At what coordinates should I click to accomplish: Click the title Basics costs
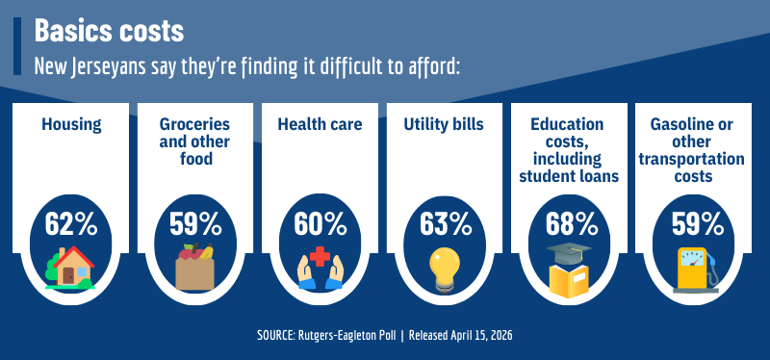click(109, 31)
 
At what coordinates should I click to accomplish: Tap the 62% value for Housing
click(71, 224)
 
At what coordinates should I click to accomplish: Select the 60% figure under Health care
click(321, 224)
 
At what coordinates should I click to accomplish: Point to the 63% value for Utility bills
click(446, 224)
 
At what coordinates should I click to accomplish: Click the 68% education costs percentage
click(572, 224)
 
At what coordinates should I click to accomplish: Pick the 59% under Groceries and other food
click(195, 224)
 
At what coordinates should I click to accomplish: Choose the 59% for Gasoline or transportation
click(697, 224)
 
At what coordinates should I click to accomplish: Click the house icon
click(70, 268)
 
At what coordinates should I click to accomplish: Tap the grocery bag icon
click(195, 268)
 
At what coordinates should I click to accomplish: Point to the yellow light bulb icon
click(446, 269)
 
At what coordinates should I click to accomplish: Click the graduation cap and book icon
click(572, 269)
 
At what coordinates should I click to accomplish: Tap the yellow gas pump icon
click(696, 269)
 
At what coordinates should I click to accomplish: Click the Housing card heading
click(71, 124)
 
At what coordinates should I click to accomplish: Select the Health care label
click(321, 124)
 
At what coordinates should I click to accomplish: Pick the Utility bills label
click(446, 124)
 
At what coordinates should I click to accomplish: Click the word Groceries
click(195, 124)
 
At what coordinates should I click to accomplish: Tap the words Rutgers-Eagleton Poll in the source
click(349, 336)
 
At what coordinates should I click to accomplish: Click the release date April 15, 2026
click(473, 336)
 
